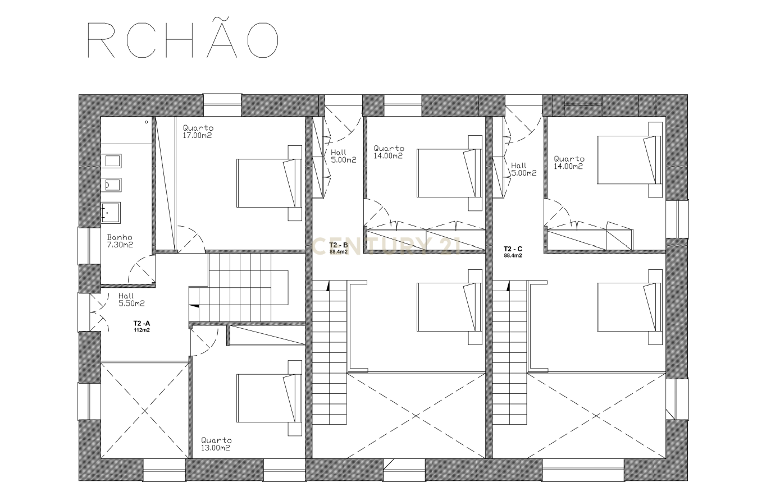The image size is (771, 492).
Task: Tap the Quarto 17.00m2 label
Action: pos(198,132)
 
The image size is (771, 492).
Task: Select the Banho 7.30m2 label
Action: pos(120,241)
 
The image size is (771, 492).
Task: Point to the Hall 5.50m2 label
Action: pos(131,300)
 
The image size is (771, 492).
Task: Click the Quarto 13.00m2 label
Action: pos(216,444)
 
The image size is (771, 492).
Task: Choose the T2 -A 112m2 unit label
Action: pos(142,327)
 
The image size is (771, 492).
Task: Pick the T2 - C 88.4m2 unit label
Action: pos(513,252)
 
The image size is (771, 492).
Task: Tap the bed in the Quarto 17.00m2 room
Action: pos(269,183)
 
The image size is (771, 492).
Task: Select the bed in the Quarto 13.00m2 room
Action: pos(269,398)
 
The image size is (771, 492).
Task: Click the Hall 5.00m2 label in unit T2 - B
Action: pos(343,156)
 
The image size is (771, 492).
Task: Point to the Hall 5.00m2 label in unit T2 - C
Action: pos(523,169)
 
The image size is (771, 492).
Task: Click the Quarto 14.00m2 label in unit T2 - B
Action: pos(389,152)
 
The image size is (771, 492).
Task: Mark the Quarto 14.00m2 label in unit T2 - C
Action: pos(569,162)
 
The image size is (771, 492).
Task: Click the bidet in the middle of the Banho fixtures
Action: pos(111,185)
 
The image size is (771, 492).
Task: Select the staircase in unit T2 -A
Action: pos(238,287)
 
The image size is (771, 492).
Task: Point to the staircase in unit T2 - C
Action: pos(510,352)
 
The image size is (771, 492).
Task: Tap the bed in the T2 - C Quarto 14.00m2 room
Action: pos(629,160)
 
